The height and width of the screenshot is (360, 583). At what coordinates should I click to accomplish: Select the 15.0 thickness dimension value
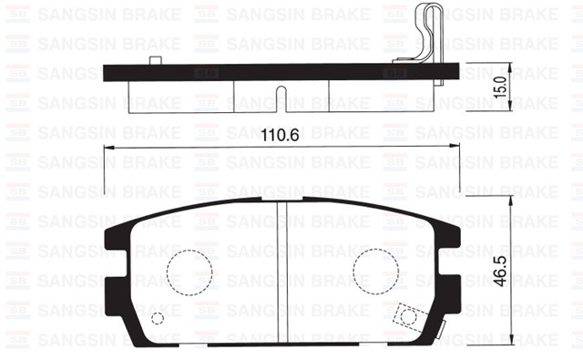point(498,87)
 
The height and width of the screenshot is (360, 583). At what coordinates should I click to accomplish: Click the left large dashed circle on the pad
point(189,271)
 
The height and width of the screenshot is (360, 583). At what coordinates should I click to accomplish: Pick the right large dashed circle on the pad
point(376,271)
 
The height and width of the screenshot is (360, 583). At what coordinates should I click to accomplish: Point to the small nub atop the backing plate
point(155,60)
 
